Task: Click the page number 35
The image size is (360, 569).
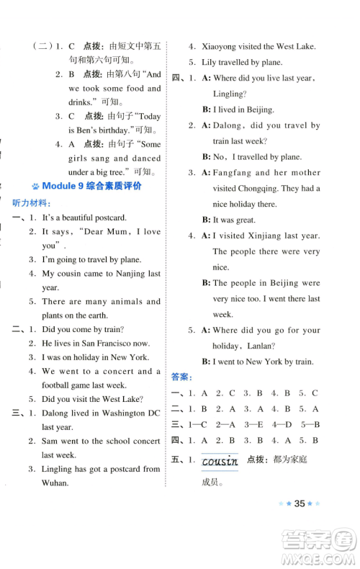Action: pyautogui.click(x=302, y=524)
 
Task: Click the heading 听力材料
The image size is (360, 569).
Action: pyautogui.click(x=30, y=202)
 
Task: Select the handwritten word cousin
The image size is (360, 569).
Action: pyautogui.click(x=220, y=461)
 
